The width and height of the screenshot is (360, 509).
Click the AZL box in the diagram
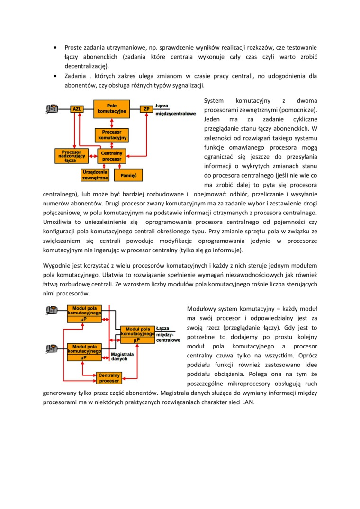click(77, 109)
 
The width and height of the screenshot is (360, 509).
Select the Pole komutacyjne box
click(111, 108)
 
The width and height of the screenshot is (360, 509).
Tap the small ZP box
click(146, 109)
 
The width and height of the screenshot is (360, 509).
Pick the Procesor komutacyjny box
click(112, 134)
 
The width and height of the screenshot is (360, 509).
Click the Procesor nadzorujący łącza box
click(71, 156)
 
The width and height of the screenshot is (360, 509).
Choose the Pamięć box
click(128, 175)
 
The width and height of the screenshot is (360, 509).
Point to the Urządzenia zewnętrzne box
click(95, 175)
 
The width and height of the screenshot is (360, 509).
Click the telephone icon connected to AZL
click(52, 109)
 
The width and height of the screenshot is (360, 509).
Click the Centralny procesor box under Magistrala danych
click(109, 377)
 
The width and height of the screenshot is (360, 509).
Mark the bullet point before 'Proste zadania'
click(55, 48)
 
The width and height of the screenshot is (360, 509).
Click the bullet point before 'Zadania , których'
click(55, 76)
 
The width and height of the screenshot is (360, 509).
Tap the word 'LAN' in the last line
click(248, 402)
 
